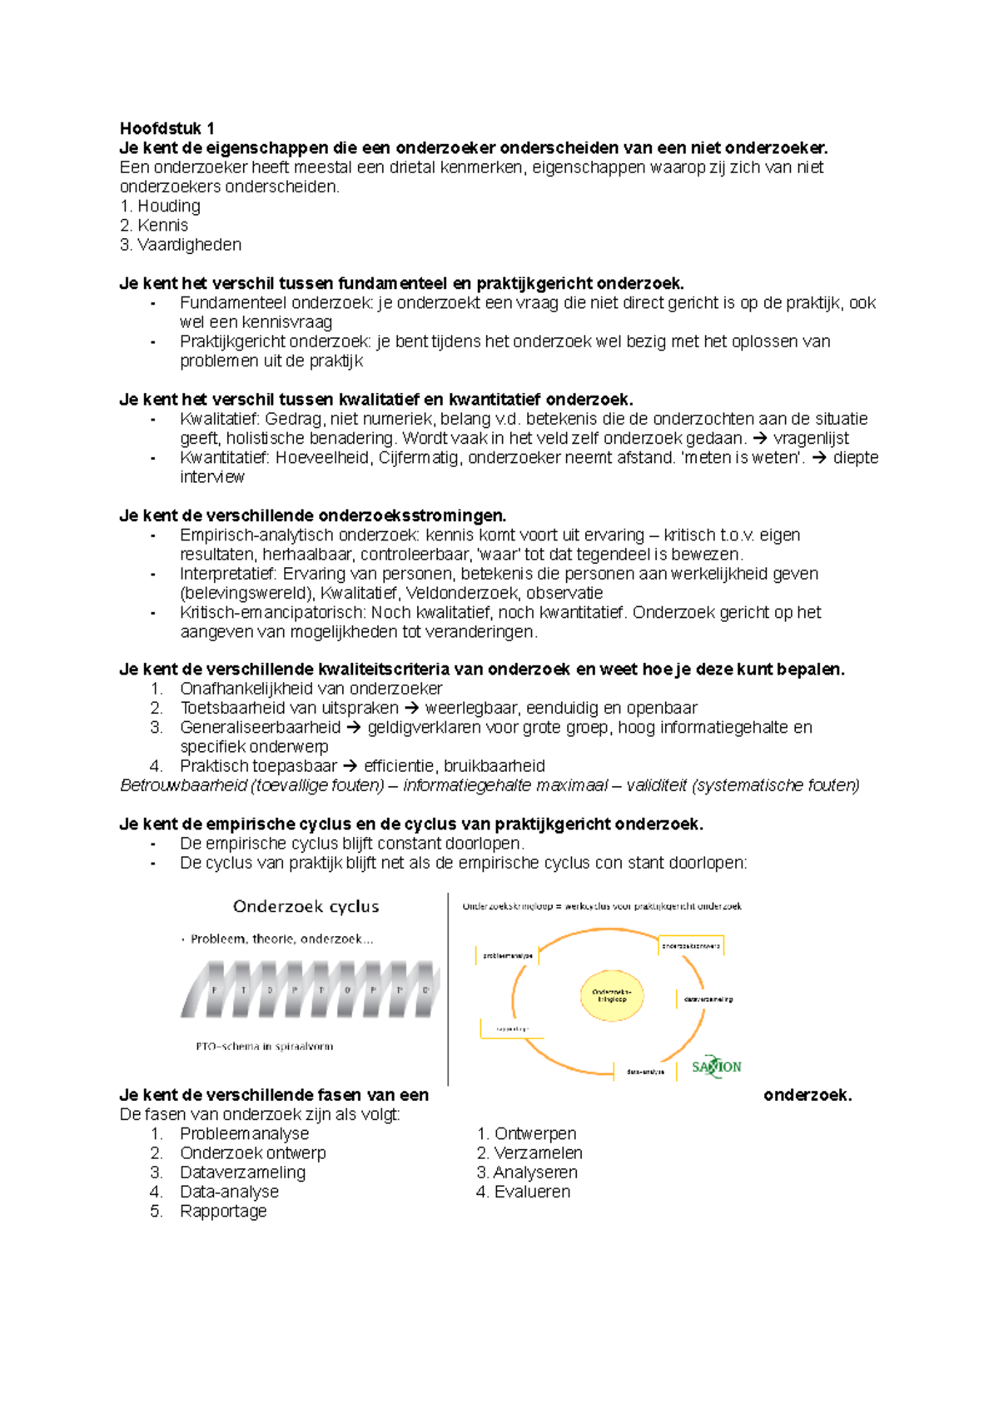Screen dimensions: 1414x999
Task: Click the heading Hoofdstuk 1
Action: tap(166, 128)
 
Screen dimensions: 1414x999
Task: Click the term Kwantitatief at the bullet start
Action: tap(224, 457)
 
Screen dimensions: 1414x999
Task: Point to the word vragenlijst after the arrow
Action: tap(811, 438)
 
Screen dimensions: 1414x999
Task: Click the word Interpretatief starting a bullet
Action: tap(227, 574)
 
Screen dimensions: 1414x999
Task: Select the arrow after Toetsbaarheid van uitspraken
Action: tap(411, 708)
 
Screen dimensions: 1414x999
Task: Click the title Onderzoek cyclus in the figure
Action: tap(306, 906)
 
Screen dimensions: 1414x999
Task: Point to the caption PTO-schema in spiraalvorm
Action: tap(264, 1046)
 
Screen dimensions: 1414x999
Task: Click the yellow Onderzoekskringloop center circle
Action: tap(612, 995)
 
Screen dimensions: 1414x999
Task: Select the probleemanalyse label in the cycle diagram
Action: tap(507, 955)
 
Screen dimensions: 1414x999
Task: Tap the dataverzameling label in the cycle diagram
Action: tap(708, 998)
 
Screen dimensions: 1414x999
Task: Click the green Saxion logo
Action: tap(716, 1067)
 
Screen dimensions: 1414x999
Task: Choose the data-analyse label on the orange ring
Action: tap(645, 1072)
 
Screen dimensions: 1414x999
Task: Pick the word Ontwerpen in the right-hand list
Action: tap(534, 1133)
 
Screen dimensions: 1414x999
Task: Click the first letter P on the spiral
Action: tap(215, 990)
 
